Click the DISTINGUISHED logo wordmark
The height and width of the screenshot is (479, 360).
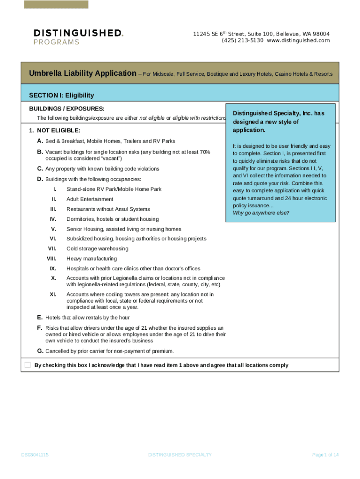(78, 33)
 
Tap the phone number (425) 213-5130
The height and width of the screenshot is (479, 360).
(243, 41)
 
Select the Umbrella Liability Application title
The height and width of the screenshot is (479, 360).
(82, 74)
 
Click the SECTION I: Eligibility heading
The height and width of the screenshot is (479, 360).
(61, 95)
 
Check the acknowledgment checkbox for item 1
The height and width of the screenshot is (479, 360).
(28, 365)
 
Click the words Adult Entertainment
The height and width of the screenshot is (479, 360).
(90, 199)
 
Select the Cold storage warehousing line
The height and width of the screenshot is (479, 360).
(97, 249)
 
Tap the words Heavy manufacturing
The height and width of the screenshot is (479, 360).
(92, 259)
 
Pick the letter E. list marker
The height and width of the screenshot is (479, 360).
(40, 318)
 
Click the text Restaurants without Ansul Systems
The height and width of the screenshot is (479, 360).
(108, 209)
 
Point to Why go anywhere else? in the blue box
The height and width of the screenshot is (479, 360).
(261, 213)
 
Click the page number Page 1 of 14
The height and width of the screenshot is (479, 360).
(325, 455)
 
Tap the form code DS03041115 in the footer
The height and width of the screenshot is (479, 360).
(35, 455)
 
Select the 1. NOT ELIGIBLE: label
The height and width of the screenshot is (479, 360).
(54, 131)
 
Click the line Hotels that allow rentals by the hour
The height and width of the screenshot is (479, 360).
(87, 318)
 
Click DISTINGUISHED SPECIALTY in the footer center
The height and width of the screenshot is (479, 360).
(180, 455)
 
